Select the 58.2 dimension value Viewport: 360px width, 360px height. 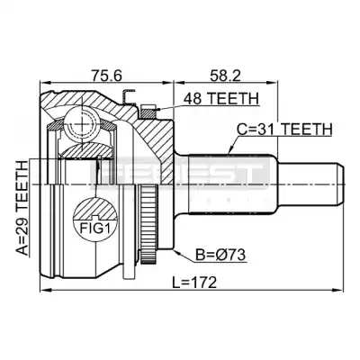225,75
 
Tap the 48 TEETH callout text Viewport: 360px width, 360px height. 220,98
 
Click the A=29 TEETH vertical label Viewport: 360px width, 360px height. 22,208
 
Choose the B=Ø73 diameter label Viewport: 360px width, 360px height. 220,256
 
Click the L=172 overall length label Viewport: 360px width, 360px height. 194,283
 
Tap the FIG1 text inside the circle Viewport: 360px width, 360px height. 94,229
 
